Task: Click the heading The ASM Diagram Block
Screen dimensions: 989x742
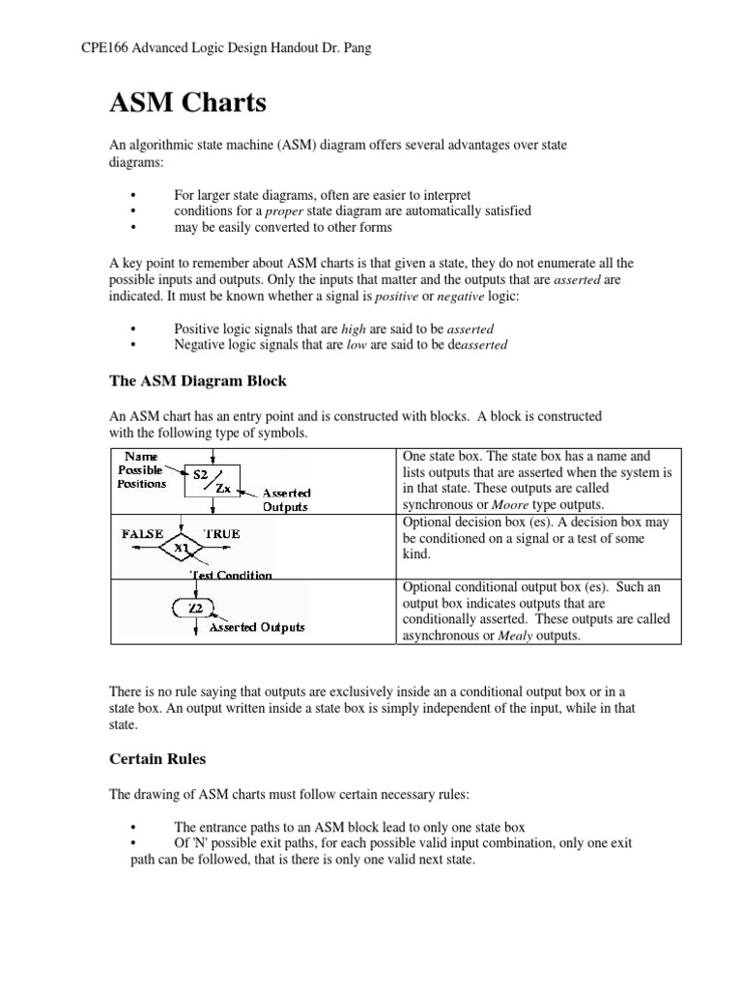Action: [198, 381]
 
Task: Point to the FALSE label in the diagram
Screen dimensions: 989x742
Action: [142, 533]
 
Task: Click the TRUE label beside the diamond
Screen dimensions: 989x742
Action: [222, 533]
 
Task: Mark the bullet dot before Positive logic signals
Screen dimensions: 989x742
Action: [130, 328]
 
